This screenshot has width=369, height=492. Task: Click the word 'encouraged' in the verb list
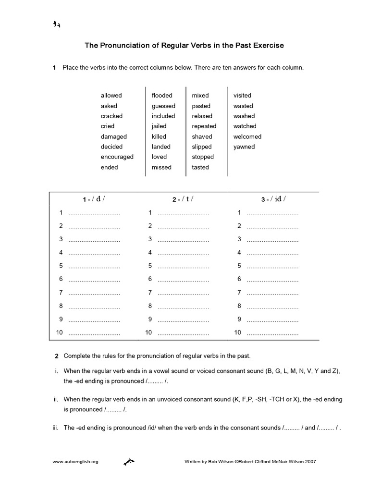pyautogui.click(x=117, y=157)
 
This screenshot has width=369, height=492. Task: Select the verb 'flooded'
pyautogui.click(x=162, y=95)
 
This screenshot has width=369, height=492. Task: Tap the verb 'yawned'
pyautogui.click(x=244, y=147)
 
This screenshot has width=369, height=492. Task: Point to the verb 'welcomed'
pyautogui.click(x=247, y=136)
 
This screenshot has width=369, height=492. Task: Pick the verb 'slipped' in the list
pyautogui.click(x=202, y=147)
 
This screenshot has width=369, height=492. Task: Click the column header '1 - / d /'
pyautogui.click(x=93, y=199)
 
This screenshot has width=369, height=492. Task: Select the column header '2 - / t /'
pyautogui.click(x=183, y=199)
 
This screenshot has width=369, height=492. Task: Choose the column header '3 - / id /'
pyautogui.click(x=273, y=199)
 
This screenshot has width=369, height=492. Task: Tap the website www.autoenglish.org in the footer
pyautogui.click(x=75, y=462)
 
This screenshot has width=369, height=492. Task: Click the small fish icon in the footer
pyautogui.click(x=129, y=462)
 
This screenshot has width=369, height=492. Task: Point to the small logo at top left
pyautogui.click(x=56, y=25)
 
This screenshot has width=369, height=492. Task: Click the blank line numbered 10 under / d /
pyautogui.click(x=94, y=332)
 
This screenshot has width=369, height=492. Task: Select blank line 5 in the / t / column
pyautogui.click(x=183, y=266)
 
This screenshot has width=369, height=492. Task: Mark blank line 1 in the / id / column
pyautogui.click(x=272, y=212)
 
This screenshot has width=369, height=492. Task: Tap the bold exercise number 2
pyautogui.click(x=57, y=356)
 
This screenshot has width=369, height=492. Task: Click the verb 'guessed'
pyautogui.click(x=163, y=106)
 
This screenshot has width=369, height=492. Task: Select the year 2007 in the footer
pyautogui.click(x=310, y=462)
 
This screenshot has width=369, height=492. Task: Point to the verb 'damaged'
pyautogui.click(x=114, y=136)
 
